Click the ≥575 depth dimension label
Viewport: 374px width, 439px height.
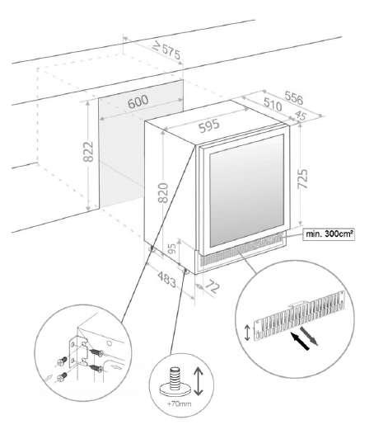(x=167, y=51)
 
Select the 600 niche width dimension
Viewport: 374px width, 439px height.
(x=138, y=101)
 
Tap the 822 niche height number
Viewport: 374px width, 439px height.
(x=88, y=152)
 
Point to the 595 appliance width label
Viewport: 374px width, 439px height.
(x=209, y=126)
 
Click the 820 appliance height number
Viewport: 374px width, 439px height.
(x=162, y=192)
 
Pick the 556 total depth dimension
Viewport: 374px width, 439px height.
(x=294, y=98)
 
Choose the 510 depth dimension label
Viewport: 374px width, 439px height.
(x=273, y=105)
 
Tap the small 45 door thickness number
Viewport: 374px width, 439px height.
(x=300, y=116)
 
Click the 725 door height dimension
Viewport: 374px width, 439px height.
(x=303, y=178)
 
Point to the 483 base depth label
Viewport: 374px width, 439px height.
(x=167, y=279)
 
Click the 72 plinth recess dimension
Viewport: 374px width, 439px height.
(x=213, y=286)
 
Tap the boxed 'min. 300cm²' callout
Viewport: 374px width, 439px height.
(x=329, y=234)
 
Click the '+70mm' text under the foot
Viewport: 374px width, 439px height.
(x=179, y=404)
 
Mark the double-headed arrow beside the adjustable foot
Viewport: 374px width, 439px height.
(x=198, y=381)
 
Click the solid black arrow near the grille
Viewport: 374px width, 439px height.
(x=300, y=341)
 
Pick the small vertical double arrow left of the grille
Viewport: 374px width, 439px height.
(x=247, y=333)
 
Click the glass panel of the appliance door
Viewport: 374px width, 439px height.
(x=247, y=191)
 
